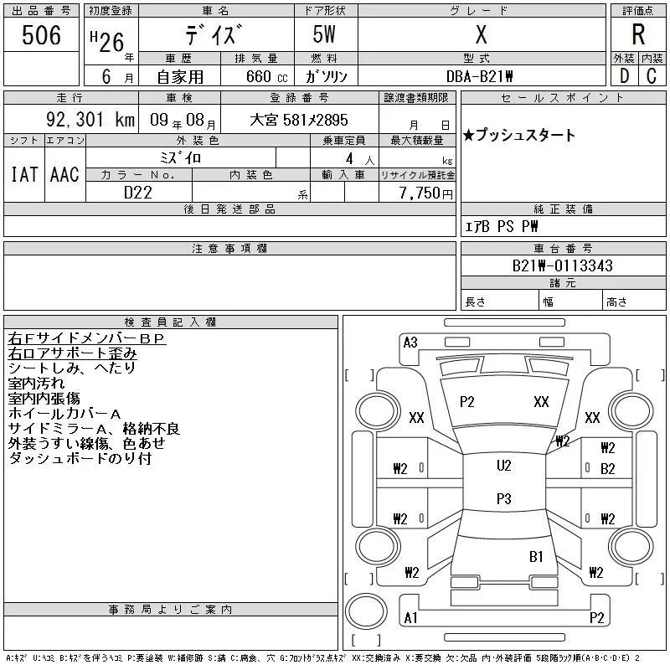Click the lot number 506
tap(42, 34)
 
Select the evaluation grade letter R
tap(638, 35)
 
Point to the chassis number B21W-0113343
tap(563, 266)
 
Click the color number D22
tap(139, 193)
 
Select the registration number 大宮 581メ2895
tap(298, 121)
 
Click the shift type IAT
tap(24, 174)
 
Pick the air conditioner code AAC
tap(64, 174)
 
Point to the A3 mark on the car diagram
tap(410, 342)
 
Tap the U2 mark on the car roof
tap(503, 466)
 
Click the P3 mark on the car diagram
tap(503, 499)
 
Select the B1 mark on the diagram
tap(536, 556)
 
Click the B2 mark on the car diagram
tap(608, 468)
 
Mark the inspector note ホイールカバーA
tap(64, 414)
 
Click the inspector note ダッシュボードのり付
tap(80, 459)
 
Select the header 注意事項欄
tap(229, 249)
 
